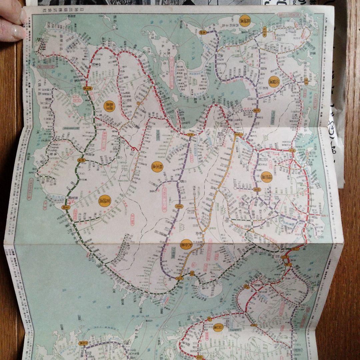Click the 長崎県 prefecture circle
[x=245, y=20]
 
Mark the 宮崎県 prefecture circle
[x=104, y=201]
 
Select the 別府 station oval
[x=192, y=273]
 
